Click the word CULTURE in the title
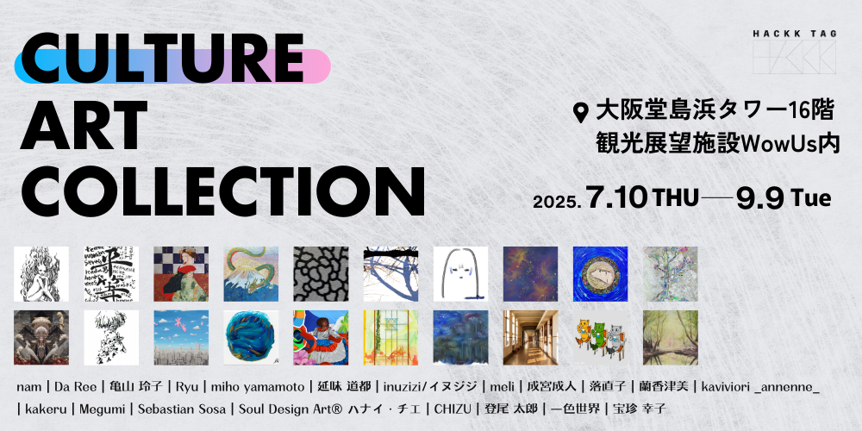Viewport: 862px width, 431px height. pyautogui.click(x=162, y=58)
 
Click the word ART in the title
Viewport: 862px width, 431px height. pyautogui.click(x=84, y=124)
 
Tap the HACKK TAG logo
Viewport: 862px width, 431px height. pyautogui.click(x=795, y=53)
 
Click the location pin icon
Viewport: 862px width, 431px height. pyautogui.click(x=580, y=112)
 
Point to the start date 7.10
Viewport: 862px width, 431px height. pyautogui.click(x=616, y=199)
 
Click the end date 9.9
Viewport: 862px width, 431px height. pyautogui.click(x=759, y=199)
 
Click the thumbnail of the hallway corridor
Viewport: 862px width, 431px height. pyautogui.click(x=530, y=338)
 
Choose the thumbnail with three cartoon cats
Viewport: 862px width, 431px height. pyautogui.click(x=600, y=338)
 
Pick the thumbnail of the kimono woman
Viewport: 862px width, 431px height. pyautogui.click(x=181, y=274)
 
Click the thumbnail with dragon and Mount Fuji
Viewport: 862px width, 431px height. pyautogui.click(x=251, y=274)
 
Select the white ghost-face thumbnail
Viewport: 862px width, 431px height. pyautogui.click(x=460, y=274)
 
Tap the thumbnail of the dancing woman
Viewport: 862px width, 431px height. pyautogui.click(x=321, y=338)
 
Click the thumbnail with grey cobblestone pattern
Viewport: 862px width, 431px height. pyautogui.click(x=321, y=274)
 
